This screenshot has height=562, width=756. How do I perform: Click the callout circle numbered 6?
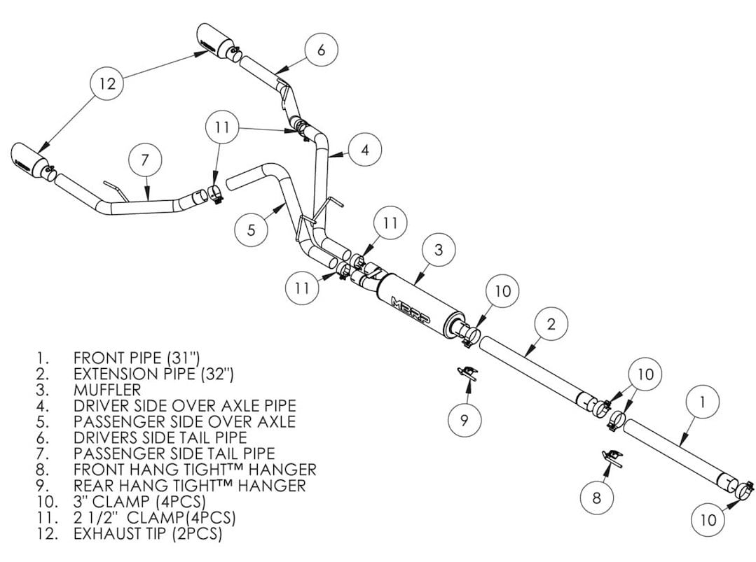(x=321, y=50)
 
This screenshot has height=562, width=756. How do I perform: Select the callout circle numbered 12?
(x=106, y=84)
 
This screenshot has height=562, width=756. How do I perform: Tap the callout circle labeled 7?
(x=144, y=160)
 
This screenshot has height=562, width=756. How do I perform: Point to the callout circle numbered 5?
(x=251, y=229)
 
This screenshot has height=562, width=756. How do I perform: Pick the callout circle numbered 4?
(x=365, y=149)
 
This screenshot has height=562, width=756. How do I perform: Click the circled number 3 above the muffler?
(x=438, y=250)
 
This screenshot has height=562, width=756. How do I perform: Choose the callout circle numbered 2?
(x=551, y=323)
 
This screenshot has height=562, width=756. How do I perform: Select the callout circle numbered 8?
(x=596, y=498)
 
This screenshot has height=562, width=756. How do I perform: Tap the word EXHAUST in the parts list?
(x=104, y=534)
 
